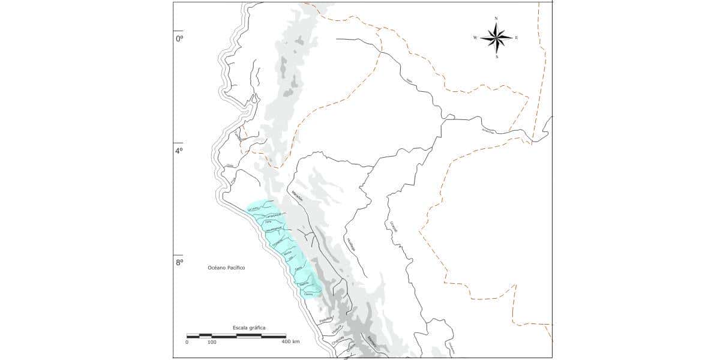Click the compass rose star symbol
pyautogui.click(x=496, y=38)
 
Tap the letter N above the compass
pyautogui.click(x=496, y=19)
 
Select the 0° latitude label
pyautogui.click(x=179, y=38)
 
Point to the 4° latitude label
pyautogui.click(x=179, y=151)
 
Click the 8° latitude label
pyautogui.click(x=179, y=262)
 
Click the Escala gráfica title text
pyautogui.click(x=249, y=328)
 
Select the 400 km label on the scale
pyautogui.click(x=291, y=341)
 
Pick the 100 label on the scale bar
pyautogui.click(x=212, y=341)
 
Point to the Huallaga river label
pyautogui.click(x=350, y=245)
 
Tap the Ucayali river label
pyautogui.click(x=394, y=227)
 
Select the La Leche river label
pyautogui.click(x=253, y=209)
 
